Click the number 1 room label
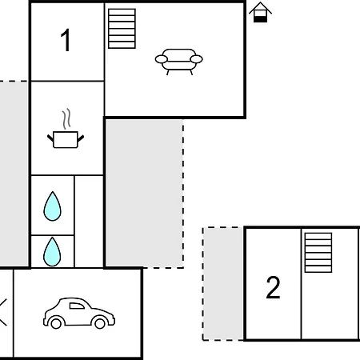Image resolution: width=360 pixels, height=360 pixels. [66, 40]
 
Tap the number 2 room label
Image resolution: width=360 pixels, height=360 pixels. [273, 287]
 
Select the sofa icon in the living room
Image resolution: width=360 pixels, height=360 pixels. [178, 62]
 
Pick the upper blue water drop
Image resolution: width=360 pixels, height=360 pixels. [52, 206]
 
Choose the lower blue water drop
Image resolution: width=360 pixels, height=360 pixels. [52, 252]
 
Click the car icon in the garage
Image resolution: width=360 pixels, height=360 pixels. [79, 313]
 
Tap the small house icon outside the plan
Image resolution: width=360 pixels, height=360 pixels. [260, 12]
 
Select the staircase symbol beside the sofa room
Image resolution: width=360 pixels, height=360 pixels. [122, 29]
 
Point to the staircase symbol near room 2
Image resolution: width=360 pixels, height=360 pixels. [318, 253]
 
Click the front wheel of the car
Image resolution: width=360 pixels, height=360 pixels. [100, 323]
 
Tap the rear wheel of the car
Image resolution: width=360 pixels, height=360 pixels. [56, 323]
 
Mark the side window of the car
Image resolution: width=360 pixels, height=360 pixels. [77, 306]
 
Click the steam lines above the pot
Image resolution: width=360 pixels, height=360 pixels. [66, 118]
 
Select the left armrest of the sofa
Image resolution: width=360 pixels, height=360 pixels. [162, 59]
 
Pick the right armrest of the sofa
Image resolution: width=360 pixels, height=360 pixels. [196, 59]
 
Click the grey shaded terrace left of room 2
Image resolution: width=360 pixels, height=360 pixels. [223, 284]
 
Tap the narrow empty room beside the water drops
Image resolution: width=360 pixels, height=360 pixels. [89, 222]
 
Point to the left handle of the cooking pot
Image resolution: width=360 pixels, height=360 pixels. [50, 138]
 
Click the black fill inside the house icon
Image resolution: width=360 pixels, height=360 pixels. [260, 19]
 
